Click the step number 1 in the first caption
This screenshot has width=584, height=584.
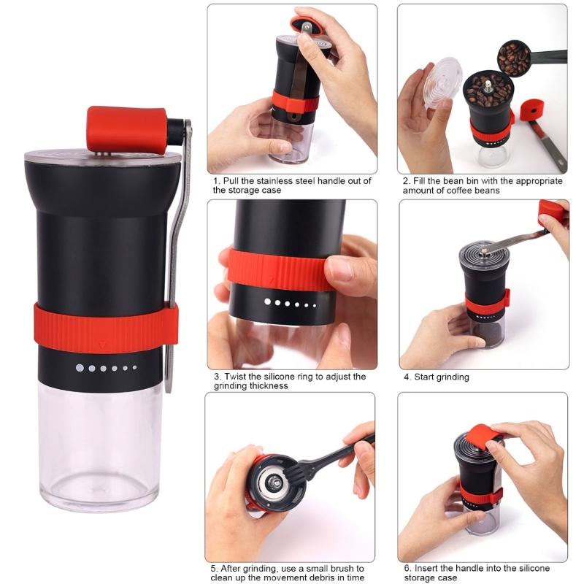click(216, 180)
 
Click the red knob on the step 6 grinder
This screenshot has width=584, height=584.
click(483, 436)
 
